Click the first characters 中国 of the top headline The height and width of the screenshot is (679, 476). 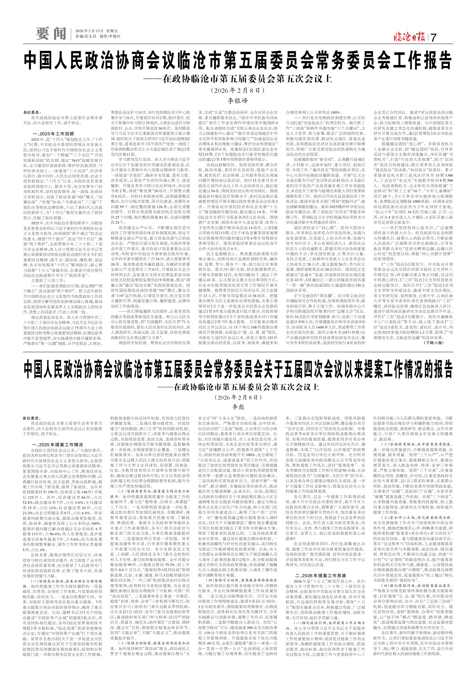coord(34,61)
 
